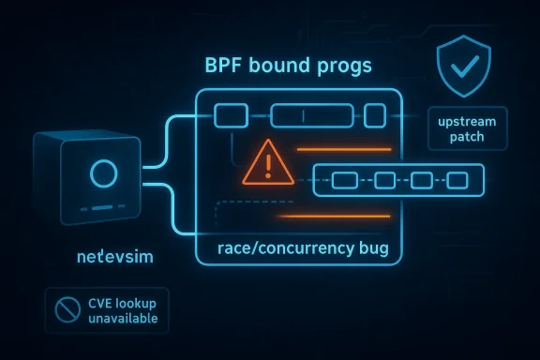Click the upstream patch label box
click(x=467, y=129)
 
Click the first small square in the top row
click(x=231, y=115)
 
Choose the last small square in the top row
click(x=374, y=115)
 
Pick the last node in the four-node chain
click(x=458, y=179)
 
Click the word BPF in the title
click(x=226, y=68)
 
